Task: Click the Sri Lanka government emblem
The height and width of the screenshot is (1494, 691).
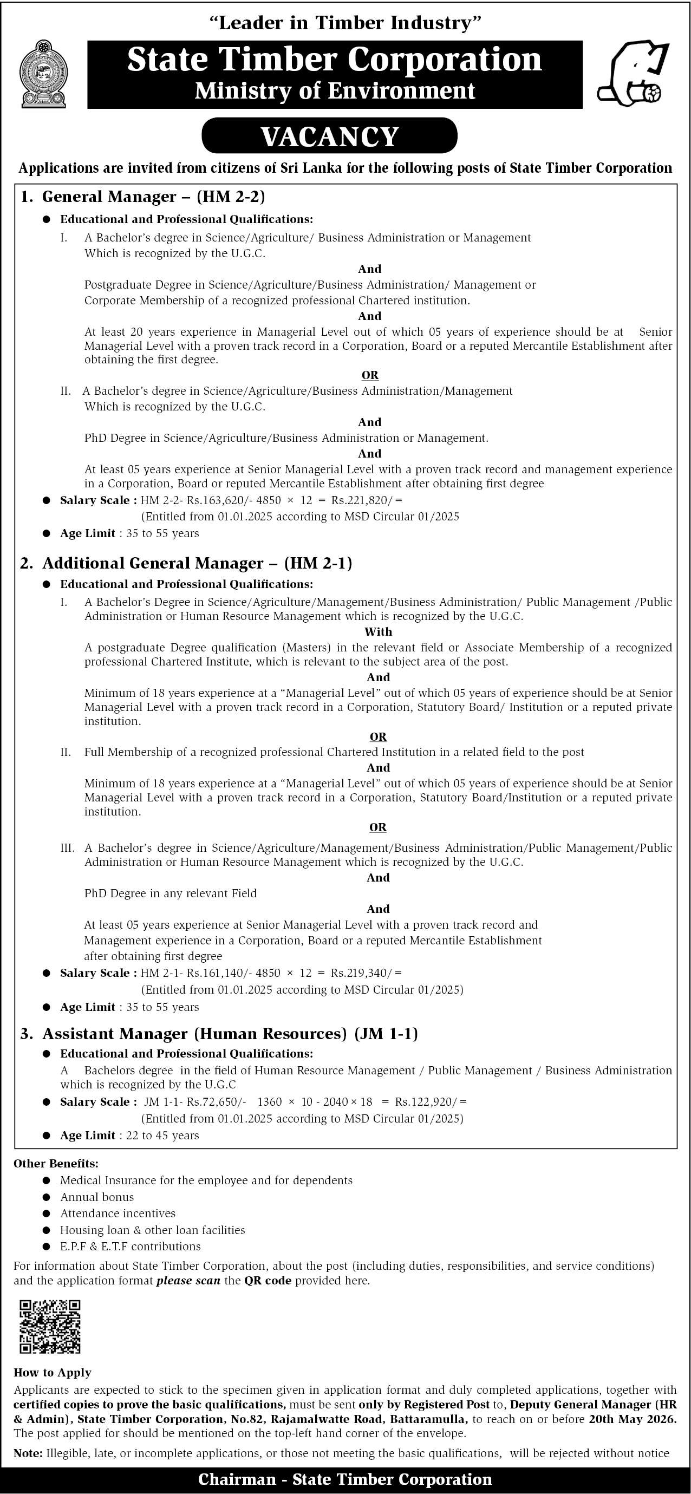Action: pyautogui.click(x=43, y=74)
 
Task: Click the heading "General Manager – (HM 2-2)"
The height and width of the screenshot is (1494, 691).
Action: pyautogui.click(x=153, y=197)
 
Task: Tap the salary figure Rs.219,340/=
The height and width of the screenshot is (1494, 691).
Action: pyautogui.click(x=366, y=973)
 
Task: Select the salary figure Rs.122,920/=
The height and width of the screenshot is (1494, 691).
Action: pyautogui.click(x=431, y=1102)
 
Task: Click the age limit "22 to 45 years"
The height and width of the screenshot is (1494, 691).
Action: pyautogui.click(x=162, y=1135)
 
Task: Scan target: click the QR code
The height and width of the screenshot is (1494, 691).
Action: pyautogui.click(x=50, y=1326)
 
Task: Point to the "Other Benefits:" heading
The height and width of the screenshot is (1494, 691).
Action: pyautogui.click(x=56, y=1164)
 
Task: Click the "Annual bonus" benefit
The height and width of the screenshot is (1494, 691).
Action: pyautogui.click(x=97, y=1197)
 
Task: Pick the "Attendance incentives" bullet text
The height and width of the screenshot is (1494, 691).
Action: pyautogui.click(x=118, y=1214)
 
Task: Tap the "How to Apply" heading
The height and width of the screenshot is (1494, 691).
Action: pyautogui.click(x=52, y=1372)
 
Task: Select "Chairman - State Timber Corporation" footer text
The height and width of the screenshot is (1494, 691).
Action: pyautogui.click(x=344, y=1479)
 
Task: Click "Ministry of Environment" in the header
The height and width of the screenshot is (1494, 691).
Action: pyautogui.click(x=335, y=91)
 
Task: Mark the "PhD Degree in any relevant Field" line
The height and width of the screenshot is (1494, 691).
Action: pyautogui.click(x=170, y=893)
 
